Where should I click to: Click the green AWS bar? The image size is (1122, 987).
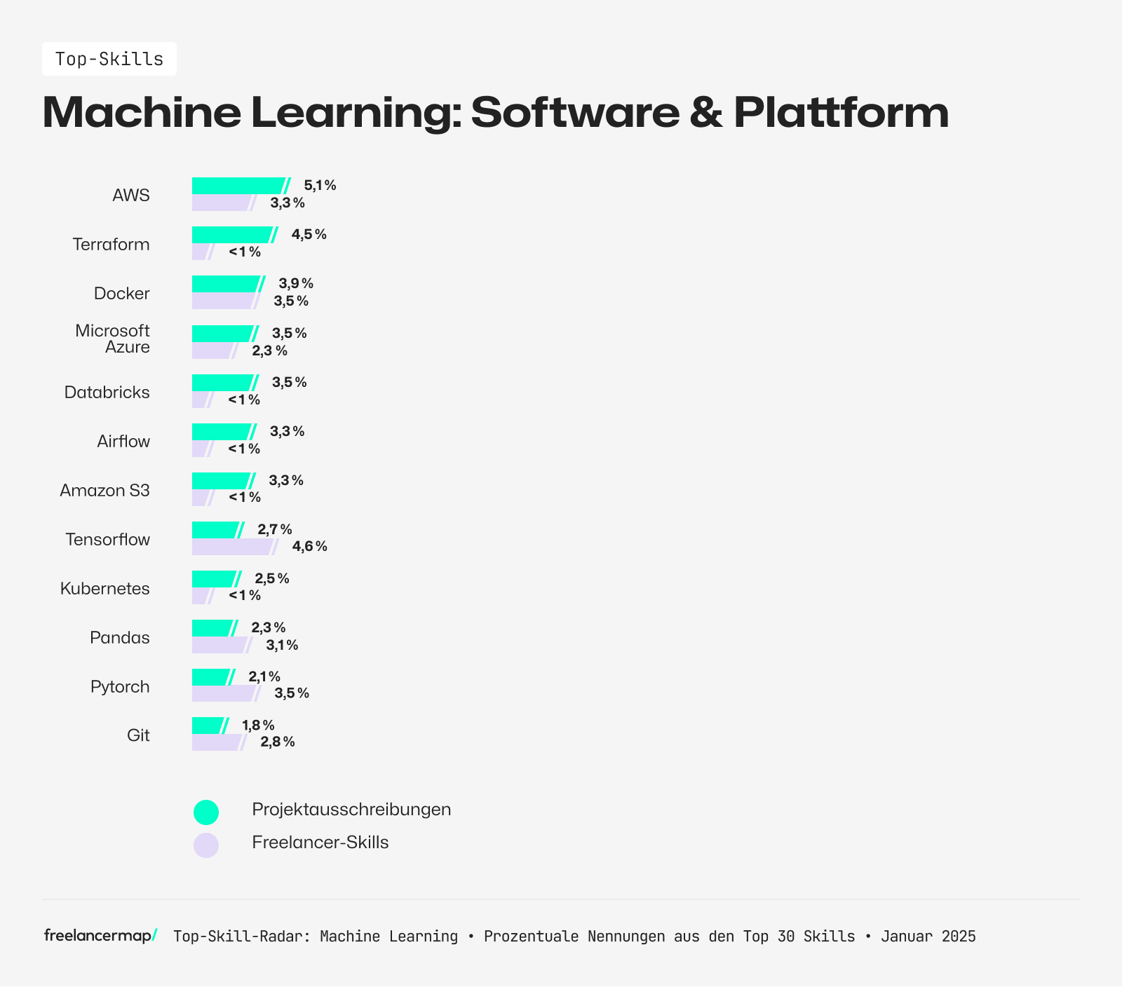pos(238,186)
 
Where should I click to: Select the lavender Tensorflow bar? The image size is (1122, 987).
pos(231,547)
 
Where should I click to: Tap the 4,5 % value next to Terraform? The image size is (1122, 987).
pos(309,235)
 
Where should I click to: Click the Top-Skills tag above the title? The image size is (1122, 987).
pos(109,59)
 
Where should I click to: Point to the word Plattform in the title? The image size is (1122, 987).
pos(841,112)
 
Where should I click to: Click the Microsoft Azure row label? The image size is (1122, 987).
pos(112,339)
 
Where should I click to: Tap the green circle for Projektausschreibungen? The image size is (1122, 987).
pos(206,812)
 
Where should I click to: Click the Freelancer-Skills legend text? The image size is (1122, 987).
pos(320,843)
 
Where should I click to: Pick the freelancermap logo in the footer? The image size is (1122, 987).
pos(100,936)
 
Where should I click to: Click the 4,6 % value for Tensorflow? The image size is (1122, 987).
pos(309,547)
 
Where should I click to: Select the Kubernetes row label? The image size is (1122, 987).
pos(105,589)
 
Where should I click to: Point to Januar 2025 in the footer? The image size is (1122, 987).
pos(928,937)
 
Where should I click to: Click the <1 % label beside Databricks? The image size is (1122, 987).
pos(244,400)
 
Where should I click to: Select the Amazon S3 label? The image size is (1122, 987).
pos(105,491)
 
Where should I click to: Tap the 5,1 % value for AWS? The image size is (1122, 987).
pos(320,186)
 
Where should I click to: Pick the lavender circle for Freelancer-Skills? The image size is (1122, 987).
pos(206,845)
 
